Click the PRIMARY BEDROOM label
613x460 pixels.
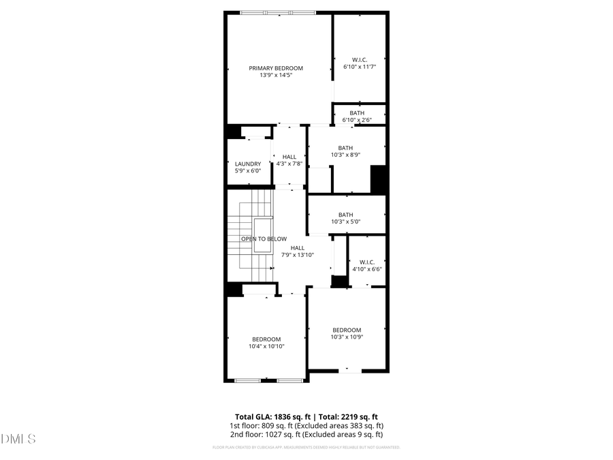tap(276, 68)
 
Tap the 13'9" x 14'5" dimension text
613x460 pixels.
tap(276, 76)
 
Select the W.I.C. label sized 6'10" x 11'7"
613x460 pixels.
tap(360, 59)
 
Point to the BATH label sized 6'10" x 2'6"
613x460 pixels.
tap(357, 113)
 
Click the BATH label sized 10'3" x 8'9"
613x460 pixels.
tap(345, 148)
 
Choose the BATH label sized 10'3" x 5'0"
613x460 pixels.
tap(345, 215)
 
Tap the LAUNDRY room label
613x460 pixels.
tap(248, 164)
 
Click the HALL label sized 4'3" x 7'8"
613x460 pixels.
tap(289, 157)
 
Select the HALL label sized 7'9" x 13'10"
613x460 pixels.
tap(298, 247)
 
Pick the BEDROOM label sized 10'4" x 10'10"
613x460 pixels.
tap(266, 339)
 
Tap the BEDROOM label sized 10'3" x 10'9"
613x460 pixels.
tap(346, 330)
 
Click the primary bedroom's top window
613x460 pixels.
tap(277, 12)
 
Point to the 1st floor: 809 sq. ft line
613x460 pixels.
tap(306, 425)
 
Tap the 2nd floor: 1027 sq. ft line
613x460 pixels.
tap(306, 434)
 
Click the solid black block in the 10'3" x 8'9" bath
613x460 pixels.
tap(379, 179)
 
